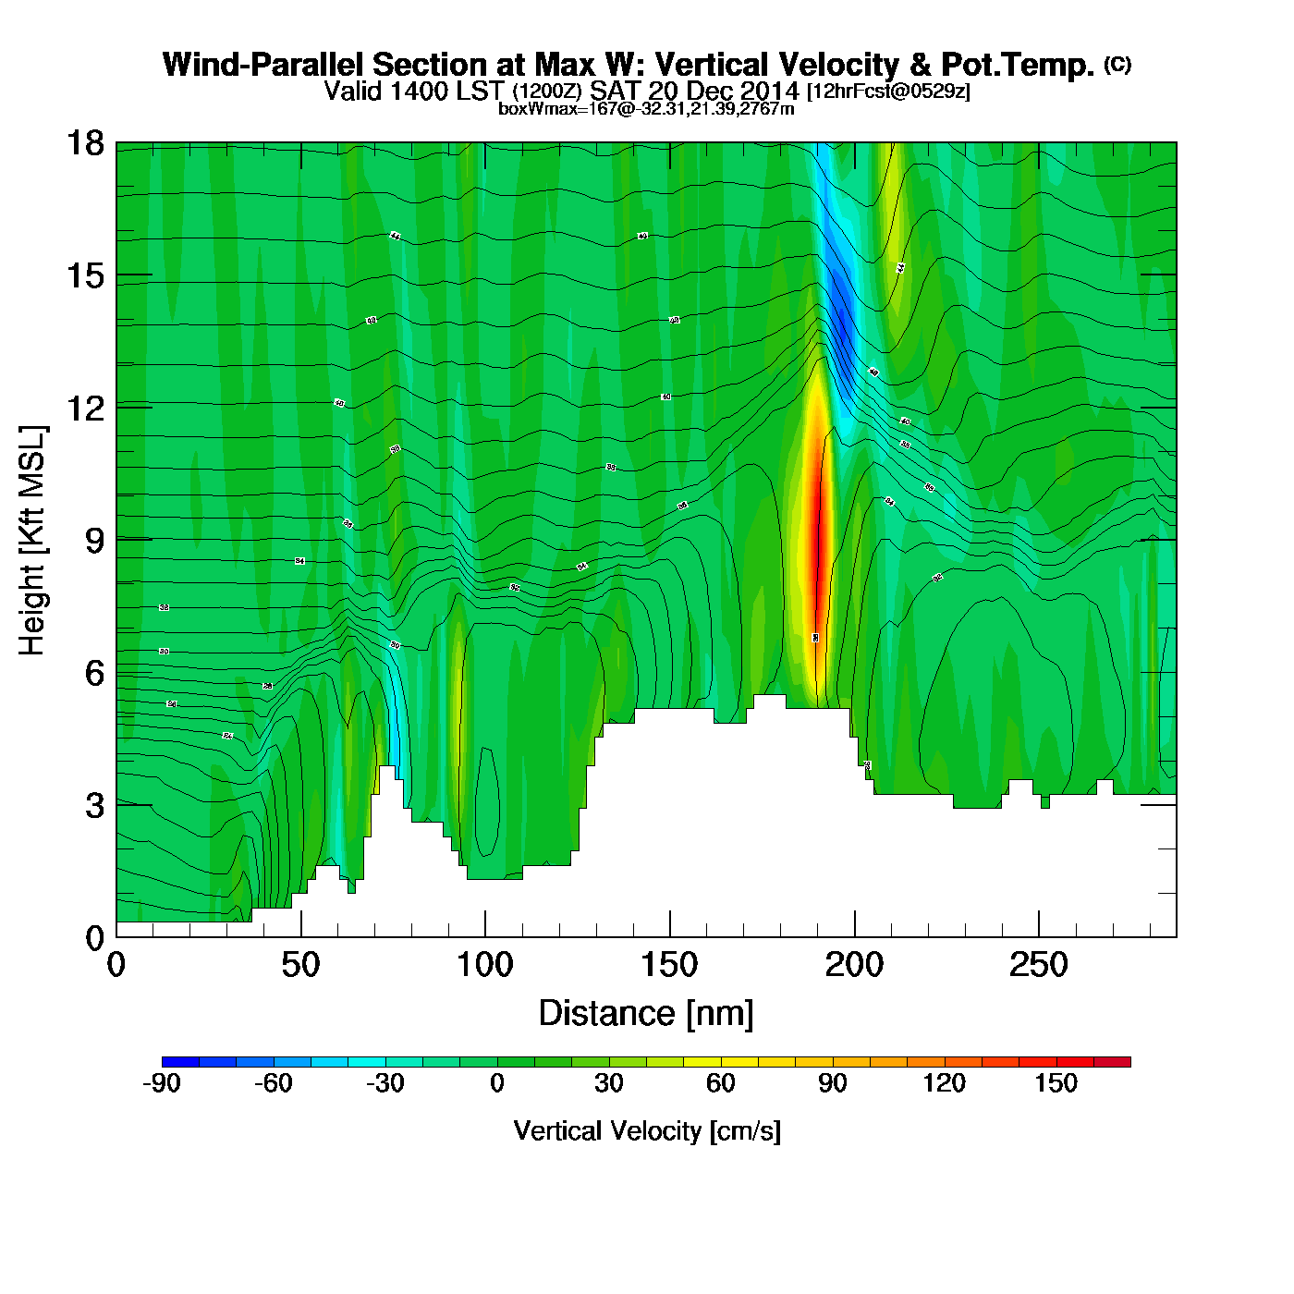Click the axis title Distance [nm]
point(646,1014)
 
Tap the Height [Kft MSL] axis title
point(32,541)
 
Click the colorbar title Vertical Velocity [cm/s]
point(647,1130)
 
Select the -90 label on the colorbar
point(162,1083)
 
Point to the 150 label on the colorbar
point(1056,1083)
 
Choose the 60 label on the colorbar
point(721,1083)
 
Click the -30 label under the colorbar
point(385,1083)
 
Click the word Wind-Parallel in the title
point(263,65)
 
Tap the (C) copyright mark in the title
point(1117,64)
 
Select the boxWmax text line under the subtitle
point(646,108)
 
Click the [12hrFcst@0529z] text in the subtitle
point(888,92)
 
